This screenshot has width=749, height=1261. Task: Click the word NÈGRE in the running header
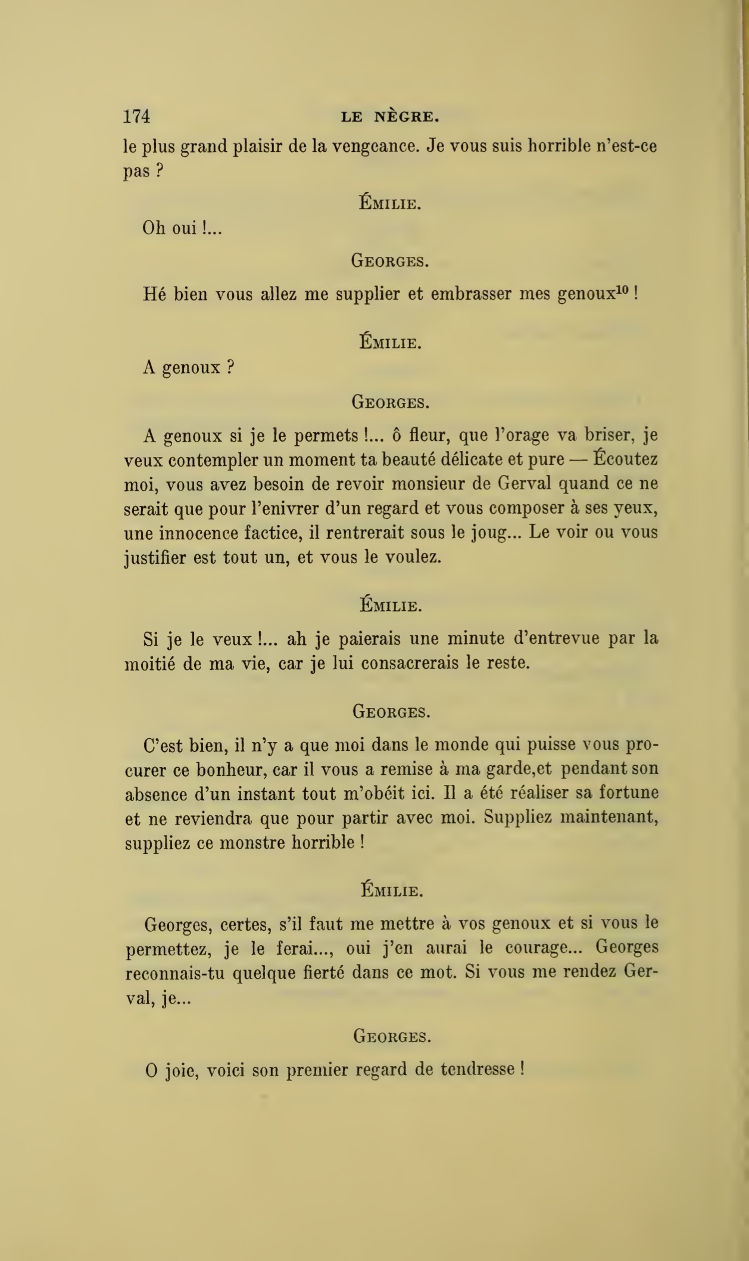coord(407,117)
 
